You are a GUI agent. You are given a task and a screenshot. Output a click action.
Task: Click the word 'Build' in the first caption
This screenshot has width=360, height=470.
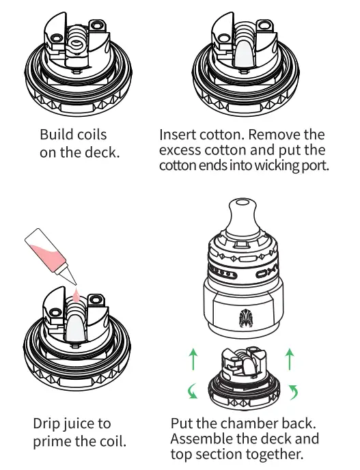click(55, 134)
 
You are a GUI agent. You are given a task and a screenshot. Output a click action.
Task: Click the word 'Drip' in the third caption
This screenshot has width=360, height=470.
click(48, 424)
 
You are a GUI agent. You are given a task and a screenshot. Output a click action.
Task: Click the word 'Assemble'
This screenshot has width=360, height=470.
click(202, 439)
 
